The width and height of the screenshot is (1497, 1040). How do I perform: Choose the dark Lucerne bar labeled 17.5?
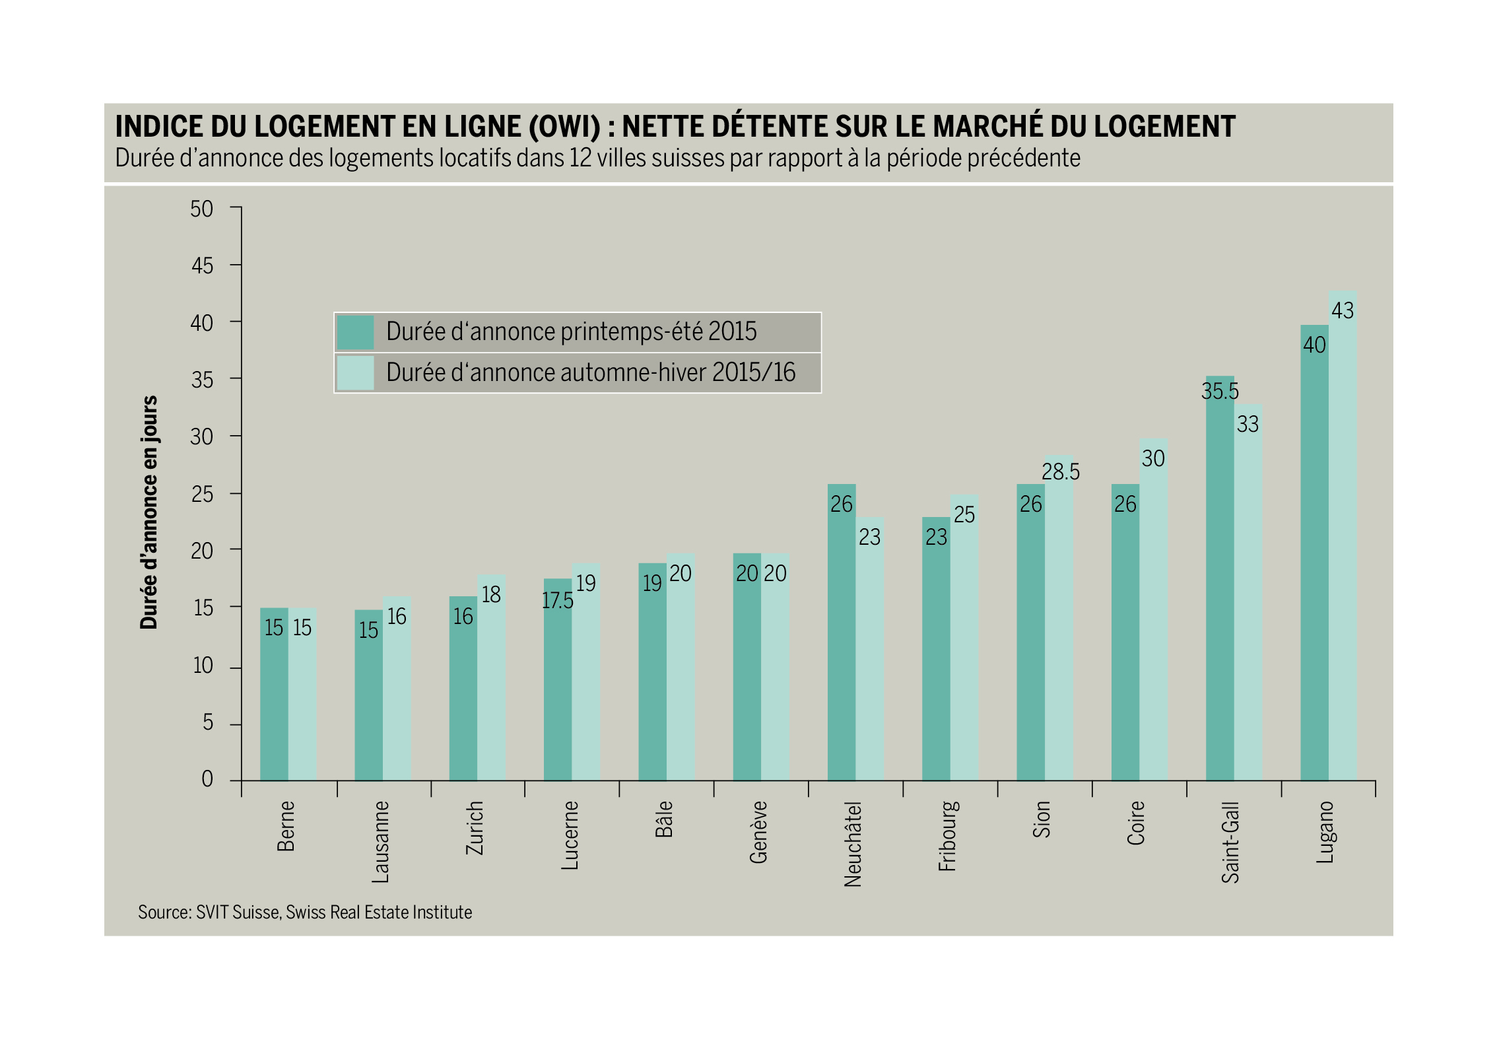pyautogui.click(x=558, y=679)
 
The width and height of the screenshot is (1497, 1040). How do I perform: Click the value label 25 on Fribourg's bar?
pyautogui.click(x=964, y=514)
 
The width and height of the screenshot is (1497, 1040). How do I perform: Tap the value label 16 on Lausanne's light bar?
pyautogui.click(x=397, y=617)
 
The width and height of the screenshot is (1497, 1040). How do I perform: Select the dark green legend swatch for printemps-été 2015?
pyautogui.click(x=355, y=332)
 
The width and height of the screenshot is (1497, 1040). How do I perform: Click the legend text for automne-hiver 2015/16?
pyautogui.click(x=591, y=373)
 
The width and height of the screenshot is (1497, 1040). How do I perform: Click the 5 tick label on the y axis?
pyautogui.click(x=208, y=723)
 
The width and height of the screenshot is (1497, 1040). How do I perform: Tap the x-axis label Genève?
pyautogui.click(x=758, y=832)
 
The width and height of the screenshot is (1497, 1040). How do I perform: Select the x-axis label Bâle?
pyautogui.click(x=664, y=819)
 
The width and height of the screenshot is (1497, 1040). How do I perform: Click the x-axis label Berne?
pyautogui.click(x=286, y=826)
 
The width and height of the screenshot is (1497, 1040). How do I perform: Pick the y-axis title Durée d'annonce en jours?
pyautogui.click(x=149, y=512)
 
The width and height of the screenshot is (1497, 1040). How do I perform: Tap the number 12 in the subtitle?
pyautogui.click(x=580, y=158)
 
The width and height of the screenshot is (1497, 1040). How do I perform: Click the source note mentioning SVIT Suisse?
pyautogui.click(x=305, y=913)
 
